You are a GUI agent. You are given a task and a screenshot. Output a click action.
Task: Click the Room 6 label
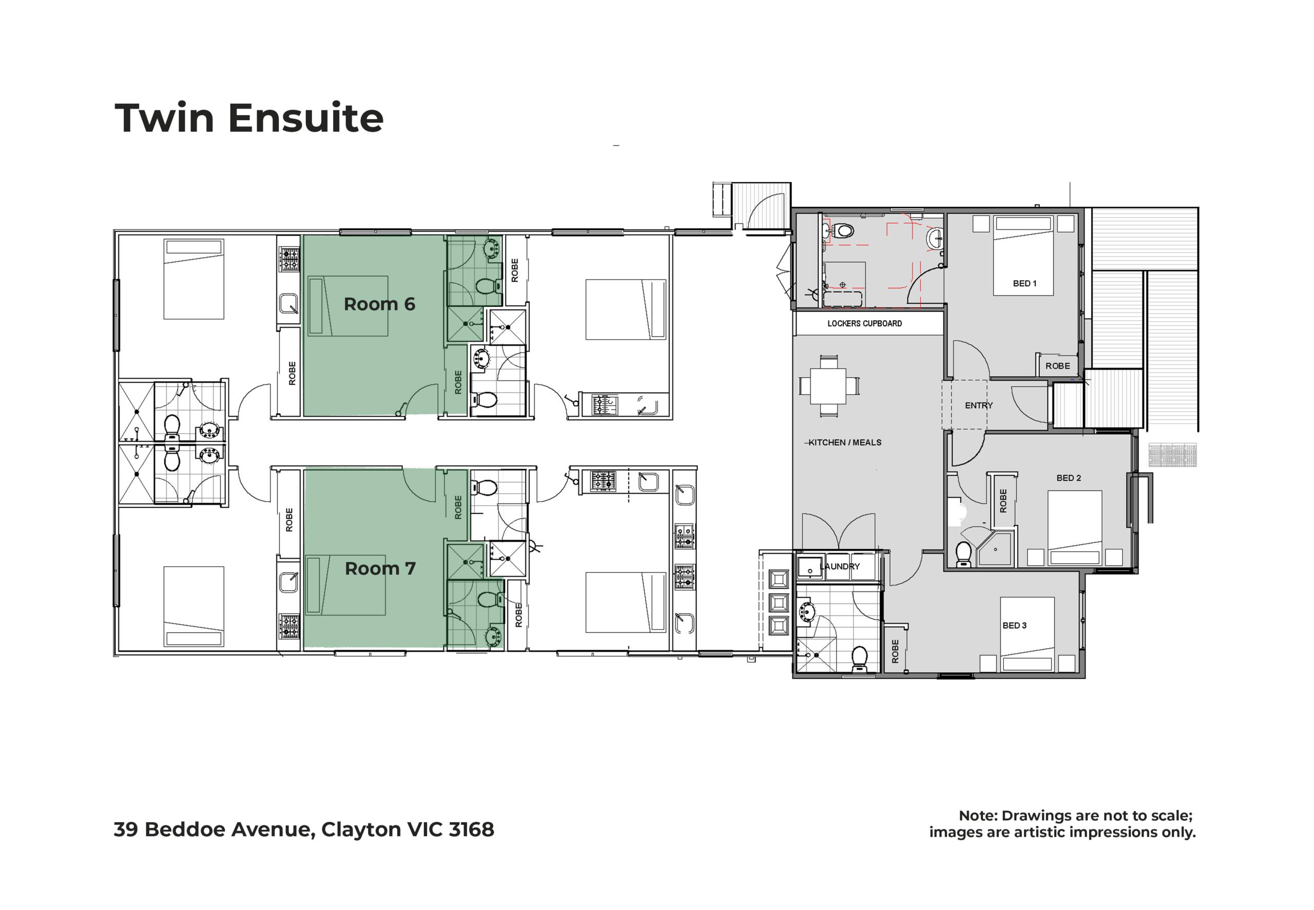click(379, 304)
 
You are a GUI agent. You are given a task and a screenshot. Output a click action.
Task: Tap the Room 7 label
click(380, 569)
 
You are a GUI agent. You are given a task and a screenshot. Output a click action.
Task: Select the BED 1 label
click(1025, 283)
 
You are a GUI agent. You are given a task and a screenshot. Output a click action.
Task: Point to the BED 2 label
click(1068, 478)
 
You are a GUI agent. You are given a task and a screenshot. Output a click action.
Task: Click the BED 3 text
click(1014, 626)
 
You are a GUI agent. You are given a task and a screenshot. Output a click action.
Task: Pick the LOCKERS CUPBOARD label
click(864, 323)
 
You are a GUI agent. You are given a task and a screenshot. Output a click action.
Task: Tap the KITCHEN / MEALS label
click(844, 442)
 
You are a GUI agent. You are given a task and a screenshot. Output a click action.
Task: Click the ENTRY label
click(979, 405)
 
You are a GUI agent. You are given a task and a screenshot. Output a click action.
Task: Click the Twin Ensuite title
click(249, 118)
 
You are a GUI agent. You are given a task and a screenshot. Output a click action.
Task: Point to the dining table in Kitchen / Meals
click(828, 386)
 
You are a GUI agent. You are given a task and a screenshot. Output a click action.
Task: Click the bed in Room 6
click(347, 306)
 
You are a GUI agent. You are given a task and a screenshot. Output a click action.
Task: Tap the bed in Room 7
click(345, 586)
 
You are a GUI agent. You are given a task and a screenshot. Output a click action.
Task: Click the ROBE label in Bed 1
click(1057, 366)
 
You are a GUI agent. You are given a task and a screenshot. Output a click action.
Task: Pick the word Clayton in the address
click(361, 829)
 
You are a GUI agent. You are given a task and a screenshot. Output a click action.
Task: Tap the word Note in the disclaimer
click(977, 816)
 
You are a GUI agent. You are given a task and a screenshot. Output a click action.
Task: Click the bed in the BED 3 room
click(1027, 634)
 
